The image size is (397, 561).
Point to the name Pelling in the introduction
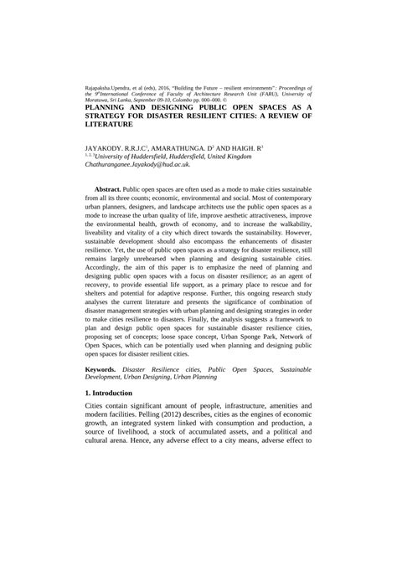(238, 439)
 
